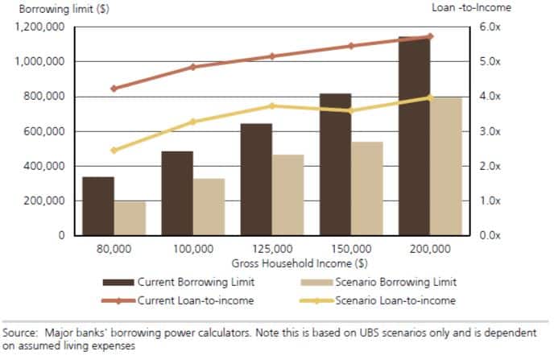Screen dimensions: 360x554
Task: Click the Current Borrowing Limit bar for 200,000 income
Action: (414, 137)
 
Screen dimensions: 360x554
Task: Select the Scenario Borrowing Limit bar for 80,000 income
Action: (129, 218)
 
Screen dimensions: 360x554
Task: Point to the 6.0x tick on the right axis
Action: (491, 27)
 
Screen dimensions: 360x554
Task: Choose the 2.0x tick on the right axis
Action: (491, 166)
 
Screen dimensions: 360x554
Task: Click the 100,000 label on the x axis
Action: (192, 250)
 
